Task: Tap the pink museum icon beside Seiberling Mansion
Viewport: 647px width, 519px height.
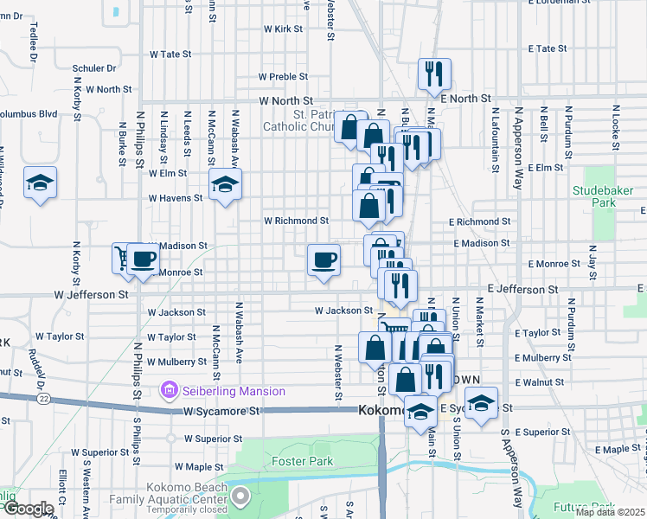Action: tap(169, 392)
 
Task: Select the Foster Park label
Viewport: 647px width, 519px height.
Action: tap(302, 462)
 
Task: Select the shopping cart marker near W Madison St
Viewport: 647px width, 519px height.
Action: tap(123, 259)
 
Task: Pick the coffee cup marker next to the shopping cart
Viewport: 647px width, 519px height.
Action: tap(143, 259)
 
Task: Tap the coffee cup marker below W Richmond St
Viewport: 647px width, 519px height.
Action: tap(323, 259)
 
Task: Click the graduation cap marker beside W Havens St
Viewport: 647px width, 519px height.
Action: tap(225, 184)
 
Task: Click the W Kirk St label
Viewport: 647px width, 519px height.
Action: tap(284, 29)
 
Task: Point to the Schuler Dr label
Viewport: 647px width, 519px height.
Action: tap(94, 68)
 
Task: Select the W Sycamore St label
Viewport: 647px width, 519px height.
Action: tap(221, 413)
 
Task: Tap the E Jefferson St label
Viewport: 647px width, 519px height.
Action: tap(522, 289)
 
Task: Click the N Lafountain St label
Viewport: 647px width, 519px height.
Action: tap(495, 139)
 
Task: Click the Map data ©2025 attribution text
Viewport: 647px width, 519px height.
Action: tap(610, 512)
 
